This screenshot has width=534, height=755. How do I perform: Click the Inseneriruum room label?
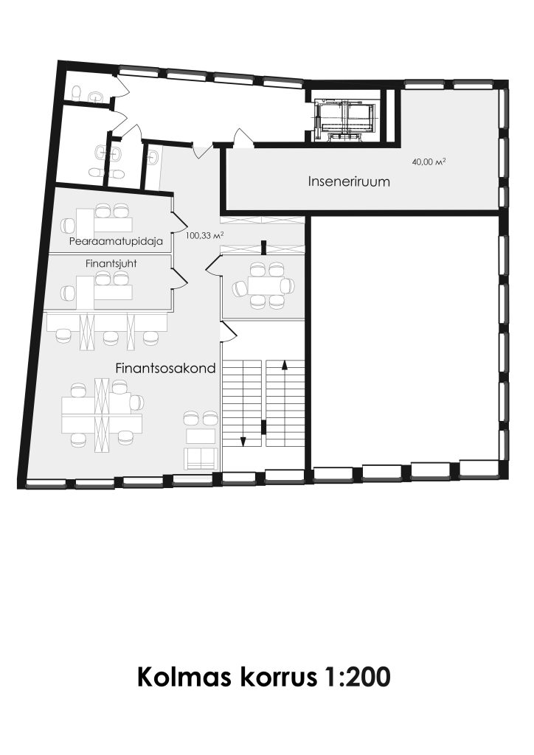(349, 181)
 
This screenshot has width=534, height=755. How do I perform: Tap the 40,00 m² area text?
(429, 162)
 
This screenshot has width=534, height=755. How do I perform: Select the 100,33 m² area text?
(205, 235)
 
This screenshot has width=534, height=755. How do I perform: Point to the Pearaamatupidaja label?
(116, 241)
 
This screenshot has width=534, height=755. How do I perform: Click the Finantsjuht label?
(111, 264)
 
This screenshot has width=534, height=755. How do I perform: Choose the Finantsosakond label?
(165, 369)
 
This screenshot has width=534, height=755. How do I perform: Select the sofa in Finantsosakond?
(201, 458)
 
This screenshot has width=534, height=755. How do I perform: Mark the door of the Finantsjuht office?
(179, 277)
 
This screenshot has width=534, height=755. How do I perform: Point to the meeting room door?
(214, 265)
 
